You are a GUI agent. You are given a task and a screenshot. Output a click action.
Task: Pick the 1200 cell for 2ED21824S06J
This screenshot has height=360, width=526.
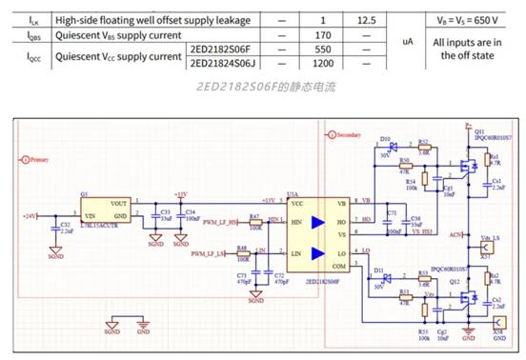(x=323, y=63)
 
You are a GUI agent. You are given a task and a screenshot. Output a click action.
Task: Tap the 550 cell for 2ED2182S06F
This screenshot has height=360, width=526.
(x=323, y=50)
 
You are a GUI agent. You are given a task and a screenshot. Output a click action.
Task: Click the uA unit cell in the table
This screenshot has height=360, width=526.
(x=408, y=42)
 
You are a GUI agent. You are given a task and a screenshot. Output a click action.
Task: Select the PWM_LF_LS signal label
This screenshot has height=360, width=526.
(x=208, y=254)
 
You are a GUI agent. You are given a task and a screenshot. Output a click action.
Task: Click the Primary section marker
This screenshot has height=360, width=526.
(x=36, y=160)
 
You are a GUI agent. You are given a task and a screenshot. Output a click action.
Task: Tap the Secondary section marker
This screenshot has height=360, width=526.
(x=345, y=136)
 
